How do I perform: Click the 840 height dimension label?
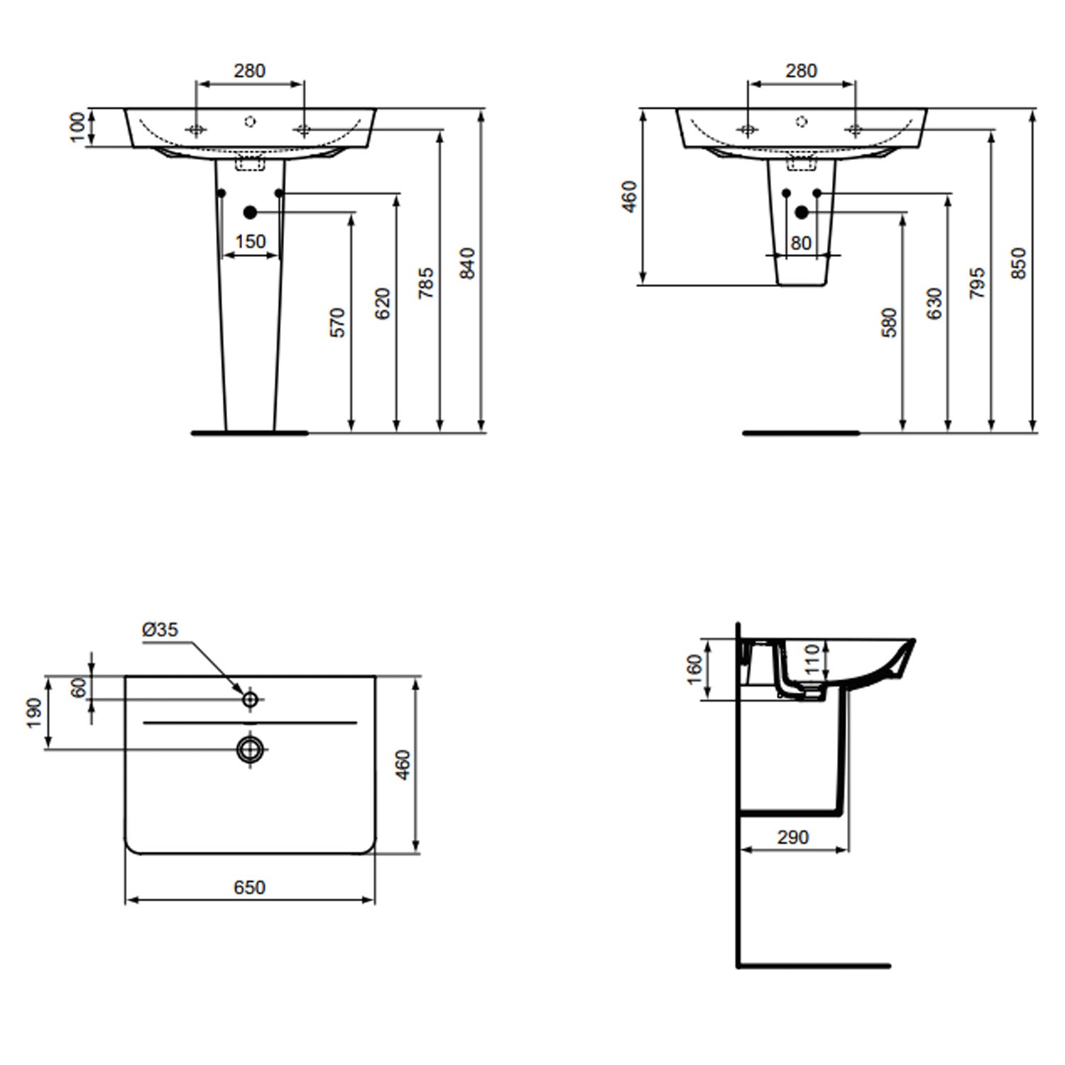(467, 263)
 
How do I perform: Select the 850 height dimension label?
(1019, 263)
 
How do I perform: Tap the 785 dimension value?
(425, 283)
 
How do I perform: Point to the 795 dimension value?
(977, 283)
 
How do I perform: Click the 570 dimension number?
(338, 322)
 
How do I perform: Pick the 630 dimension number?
(934, 303)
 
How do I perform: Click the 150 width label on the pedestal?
(250, 242)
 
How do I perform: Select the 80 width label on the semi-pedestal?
(801, 243)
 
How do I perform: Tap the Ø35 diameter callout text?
(160, 629)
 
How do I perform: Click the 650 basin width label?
(249, 887)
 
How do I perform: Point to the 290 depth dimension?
(792, 838)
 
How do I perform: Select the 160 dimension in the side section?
(694, 669)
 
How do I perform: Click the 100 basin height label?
(78, 127)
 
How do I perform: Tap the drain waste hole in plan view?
(250, 748)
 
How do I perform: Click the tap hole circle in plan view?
(250, 699)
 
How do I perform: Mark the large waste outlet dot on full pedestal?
(249, 212)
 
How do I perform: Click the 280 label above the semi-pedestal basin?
(801, 71)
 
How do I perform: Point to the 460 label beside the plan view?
(403, 765)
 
